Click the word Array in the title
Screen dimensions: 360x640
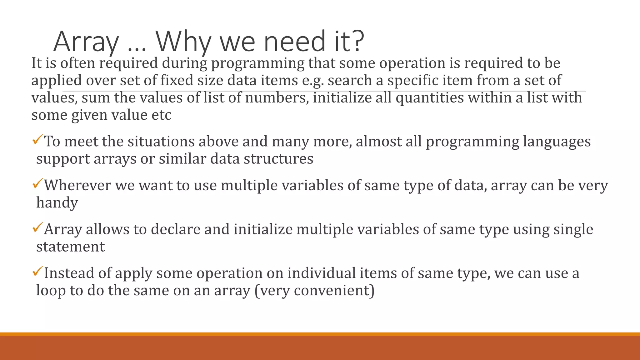click(86, 42)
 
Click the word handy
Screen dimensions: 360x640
click(57, 203)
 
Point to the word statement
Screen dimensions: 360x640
click(70, 247)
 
